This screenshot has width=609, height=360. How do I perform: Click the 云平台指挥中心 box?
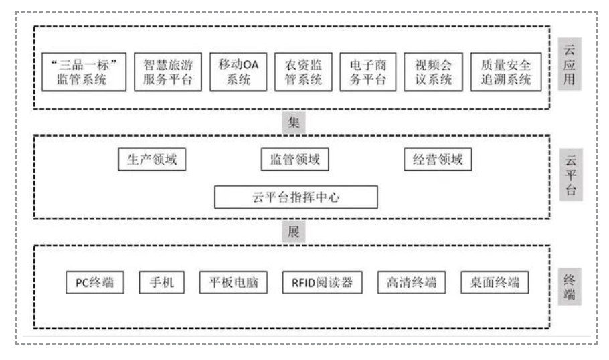point(296,197)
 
